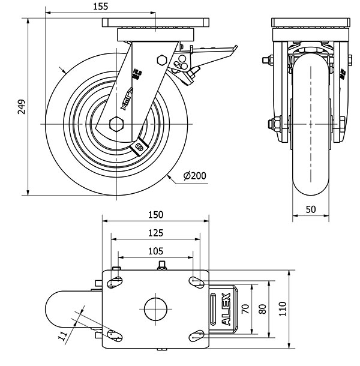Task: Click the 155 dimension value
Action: click(x=101, y=7)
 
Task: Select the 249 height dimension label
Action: click(x=22, y=106)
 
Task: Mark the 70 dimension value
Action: click(x=244, y=310)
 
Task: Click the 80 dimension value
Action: click(x=262, y=310)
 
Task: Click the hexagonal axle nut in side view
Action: click(x=116, y=125)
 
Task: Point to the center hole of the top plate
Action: click(x=155, y=310)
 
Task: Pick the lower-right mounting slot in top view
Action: click(x=195, y=337)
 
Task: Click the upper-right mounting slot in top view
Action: click(x=195, y=281)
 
